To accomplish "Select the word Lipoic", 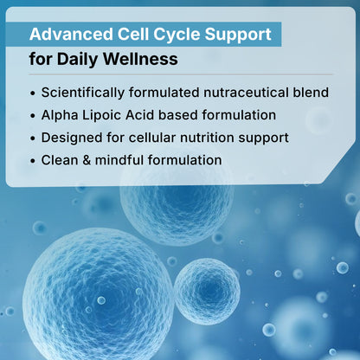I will pos(104,115).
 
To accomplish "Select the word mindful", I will pos(119,160).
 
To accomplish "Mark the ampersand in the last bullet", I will pos(87,160).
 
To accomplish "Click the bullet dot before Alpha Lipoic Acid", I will pos(33,116).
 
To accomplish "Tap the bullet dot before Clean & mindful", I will pos(33,161).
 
